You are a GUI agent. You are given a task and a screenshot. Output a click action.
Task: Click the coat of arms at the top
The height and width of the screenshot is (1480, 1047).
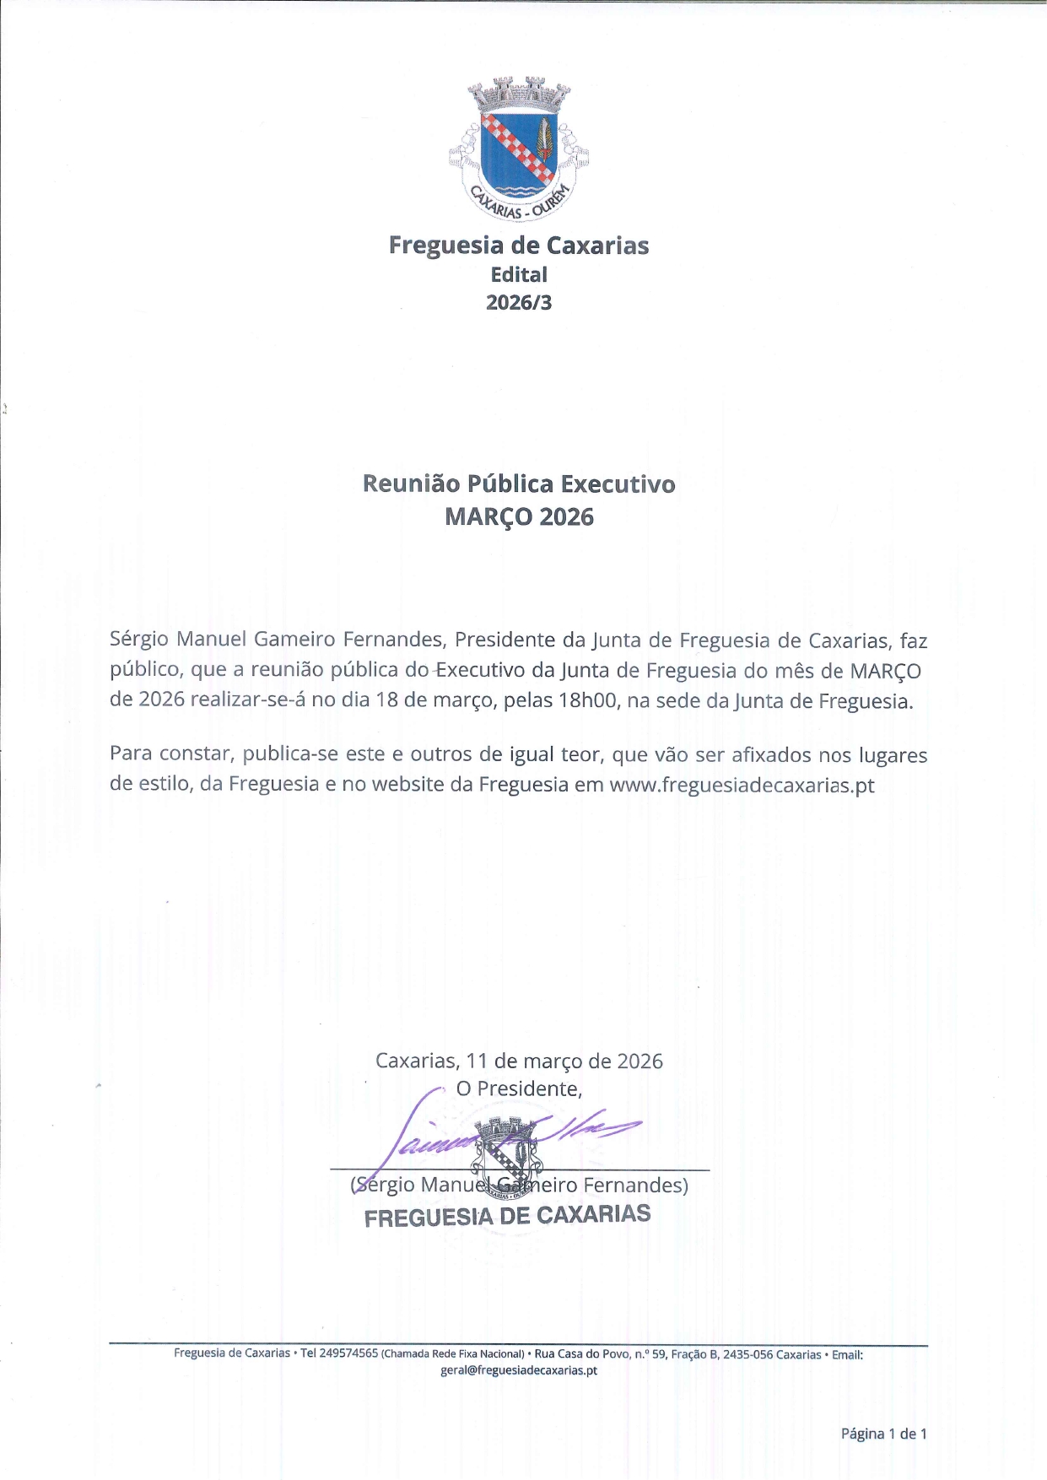coord(519,149)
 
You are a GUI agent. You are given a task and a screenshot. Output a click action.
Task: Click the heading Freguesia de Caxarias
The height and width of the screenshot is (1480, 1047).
coord(519,246)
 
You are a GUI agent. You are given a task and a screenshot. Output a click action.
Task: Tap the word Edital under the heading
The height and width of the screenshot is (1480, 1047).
coord(519,274)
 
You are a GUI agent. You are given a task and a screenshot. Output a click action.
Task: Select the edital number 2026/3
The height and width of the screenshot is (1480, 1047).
coord(519,302)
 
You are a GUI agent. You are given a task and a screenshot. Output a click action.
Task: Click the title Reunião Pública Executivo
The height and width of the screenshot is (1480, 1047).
coord(519,483)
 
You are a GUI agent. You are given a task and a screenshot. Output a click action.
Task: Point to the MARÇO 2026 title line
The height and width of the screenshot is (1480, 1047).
coord(519,516)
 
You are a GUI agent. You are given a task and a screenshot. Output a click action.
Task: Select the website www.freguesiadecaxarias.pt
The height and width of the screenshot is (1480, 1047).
coord(742,785)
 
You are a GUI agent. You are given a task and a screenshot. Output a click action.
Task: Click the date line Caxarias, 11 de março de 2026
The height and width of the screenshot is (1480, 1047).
coord(519,1061)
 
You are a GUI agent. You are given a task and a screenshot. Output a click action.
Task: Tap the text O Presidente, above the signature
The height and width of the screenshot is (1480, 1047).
coord(519,1088)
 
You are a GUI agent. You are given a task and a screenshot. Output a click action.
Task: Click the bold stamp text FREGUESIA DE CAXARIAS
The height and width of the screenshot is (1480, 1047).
coord(507,1216)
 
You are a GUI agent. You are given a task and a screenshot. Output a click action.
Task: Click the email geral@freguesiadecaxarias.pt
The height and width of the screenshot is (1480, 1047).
coord(519,1370)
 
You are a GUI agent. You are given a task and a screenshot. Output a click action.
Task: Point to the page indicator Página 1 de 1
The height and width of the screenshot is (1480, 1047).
coord(883,1433)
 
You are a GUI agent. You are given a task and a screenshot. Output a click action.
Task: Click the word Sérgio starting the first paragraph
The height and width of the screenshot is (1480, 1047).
coord(139,640)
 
